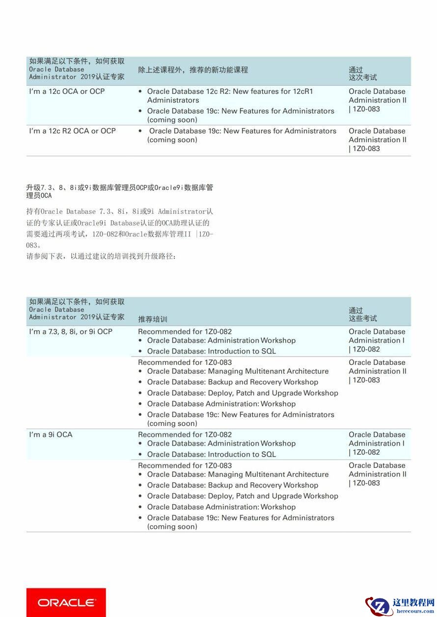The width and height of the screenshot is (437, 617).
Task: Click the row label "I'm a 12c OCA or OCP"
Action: [x=67, y=92]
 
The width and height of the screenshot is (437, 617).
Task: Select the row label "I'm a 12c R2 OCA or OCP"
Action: [x=72, y=131]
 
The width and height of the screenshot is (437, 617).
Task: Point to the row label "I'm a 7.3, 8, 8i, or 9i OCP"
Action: [x=71, y=332]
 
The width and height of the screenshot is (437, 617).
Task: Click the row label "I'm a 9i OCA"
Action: [x=51, y=435]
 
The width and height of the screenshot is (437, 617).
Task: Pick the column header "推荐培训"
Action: [x=153, y=319]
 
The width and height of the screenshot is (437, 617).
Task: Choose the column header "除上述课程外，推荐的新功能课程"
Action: [x=193, y=70]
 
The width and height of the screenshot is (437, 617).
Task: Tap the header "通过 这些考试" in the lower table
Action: [x=363, y=314]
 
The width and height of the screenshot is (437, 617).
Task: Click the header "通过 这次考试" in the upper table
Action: [x=363, y=74]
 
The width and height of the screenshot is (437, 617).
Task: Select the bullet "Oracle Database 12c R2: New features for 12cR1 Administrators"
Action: [x=230, y=96]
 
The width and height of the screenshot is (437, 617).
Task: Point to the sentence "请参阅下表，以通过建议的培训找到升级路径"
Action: [x=101, y=257]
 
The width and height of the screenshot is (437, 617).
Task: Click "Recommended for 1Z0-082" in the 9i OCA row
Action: [x=185, y=435]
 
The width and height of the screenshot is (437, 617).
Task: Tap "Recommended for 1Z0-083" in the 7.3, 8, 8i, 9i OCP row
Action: [x=185, y=362]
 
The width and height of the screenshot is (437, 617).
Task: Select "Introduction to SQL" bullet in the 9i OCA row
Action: [x=212, y=454]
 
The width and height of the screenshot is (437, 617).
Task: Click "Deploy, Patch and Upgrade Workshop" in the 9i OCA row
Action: [x=243, y=496]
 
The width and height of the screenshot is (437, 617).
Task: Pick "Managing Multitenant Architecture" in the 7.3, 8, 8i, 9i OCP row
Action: [x=238, y=371]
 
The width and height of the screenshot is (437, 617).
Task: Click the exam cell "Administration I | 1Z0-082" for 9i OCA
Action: [x=377, y=443]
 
